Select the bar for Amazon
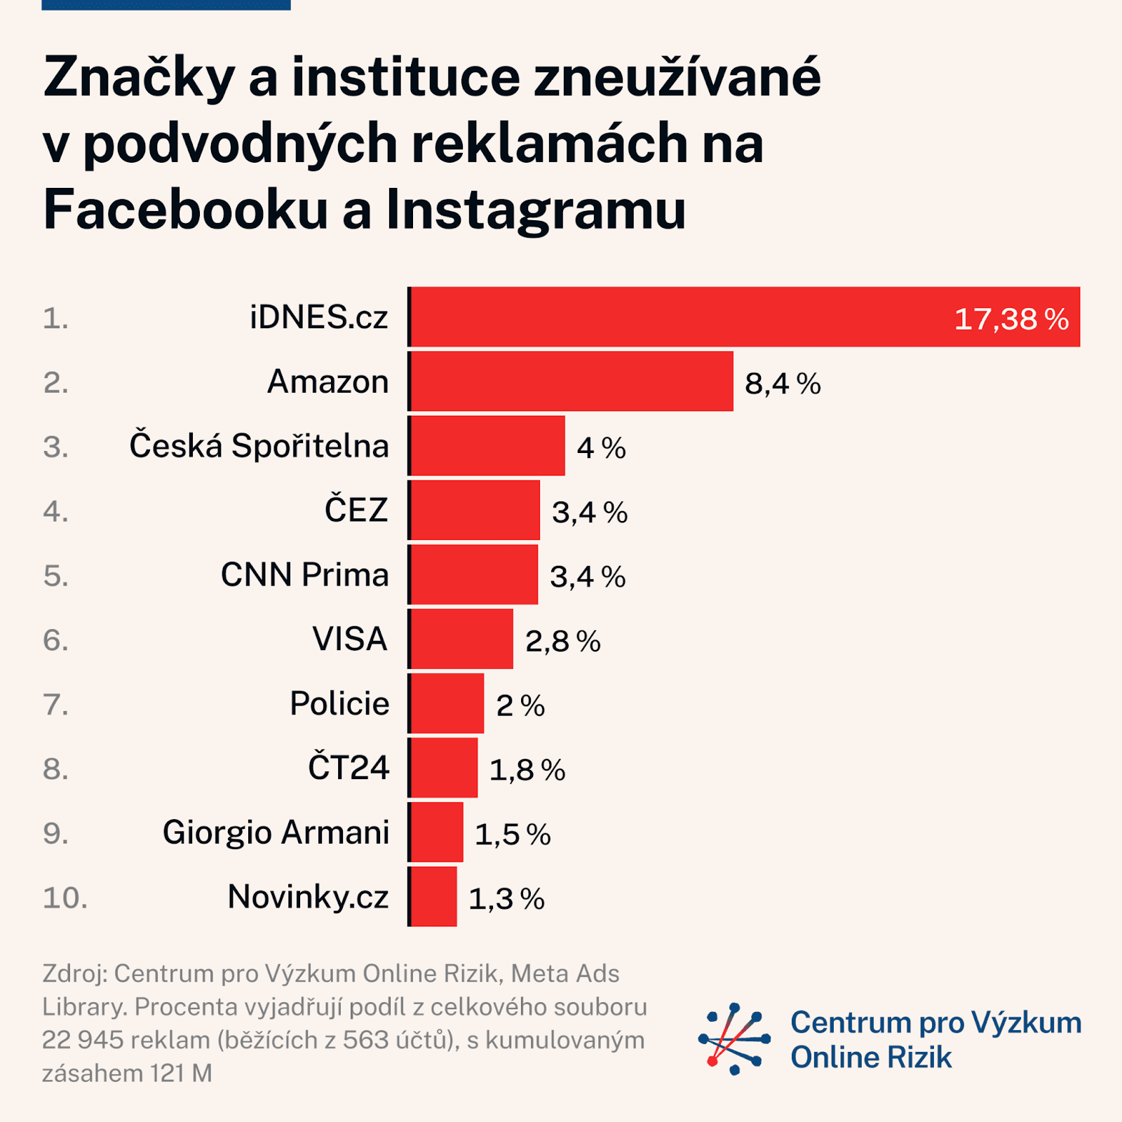tap(572, 381)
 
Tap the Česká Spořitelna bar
tap(487, 446)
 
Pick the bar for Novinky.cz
tap(433, 897)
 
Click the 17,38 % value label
tap(1011, 319)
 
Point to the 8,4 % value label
tap(783, 384)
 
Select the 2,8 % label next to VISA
tap(563, 641)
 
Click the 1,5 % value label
tap(513, 834)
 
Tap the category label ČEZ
tap(356, 510)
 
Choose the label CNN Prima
tap(304, 575)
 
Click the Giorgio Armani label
tap(276, 832)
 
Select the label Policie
tap(339, 703)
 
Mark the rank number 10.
tap(65, 898)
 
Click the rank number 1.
tap(55, 318)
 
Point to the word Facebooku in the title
tap(186, 210)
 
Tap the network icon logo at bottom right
tap(734, 1039)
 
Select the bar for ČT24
tap(444, 768)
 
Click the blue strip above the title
tap(166, 4)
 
